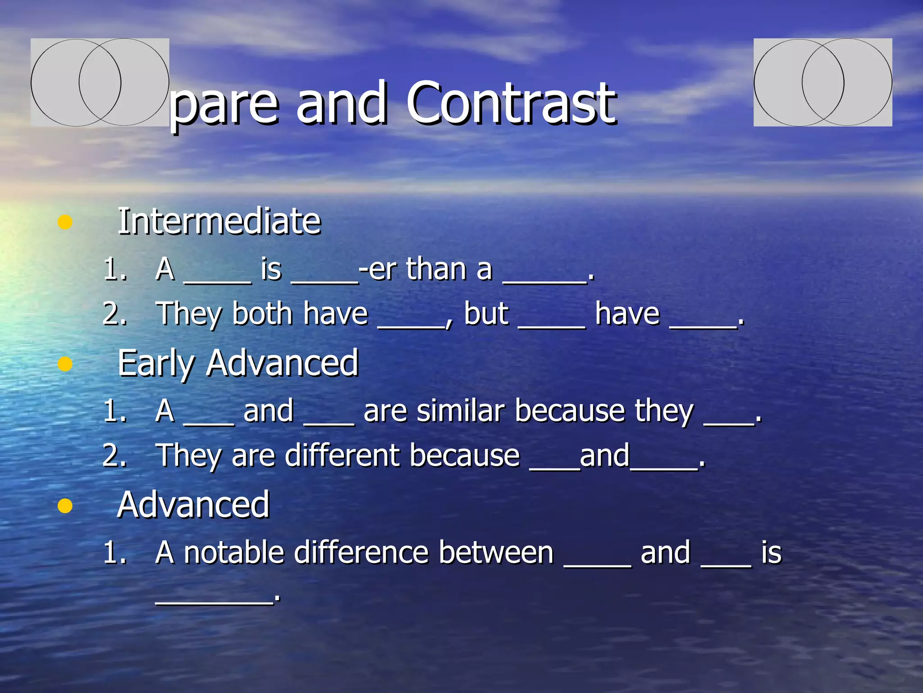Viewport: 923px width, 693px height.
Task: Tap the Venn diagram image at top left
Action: tap(100, 82)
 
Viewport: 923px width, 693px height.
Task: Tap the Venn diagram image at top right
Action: tap(822, 82)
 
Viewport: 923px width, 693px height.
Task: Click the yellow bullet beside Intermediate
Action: tap(65, 222)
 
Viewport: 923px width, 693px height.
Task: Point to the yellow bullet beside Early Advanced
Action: tap(65, 364)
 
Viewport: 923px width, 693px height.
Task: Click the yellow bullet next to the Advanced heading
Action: tap(65, 506)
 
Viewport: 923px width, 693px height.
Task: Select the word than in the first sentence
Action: tap(436, 269)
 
